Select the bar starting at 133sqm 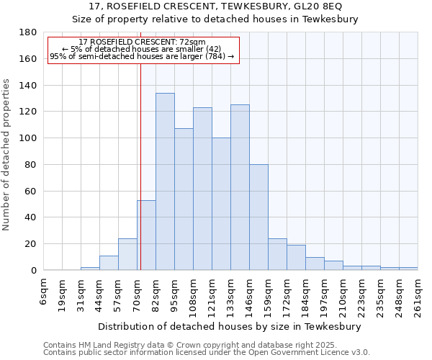point(240,187)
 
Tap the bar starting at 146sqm point(258,217)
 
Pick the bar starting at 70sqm point(146,235)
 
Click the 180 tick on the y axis point(29,32)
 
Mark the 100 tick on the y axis point(29,138)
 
